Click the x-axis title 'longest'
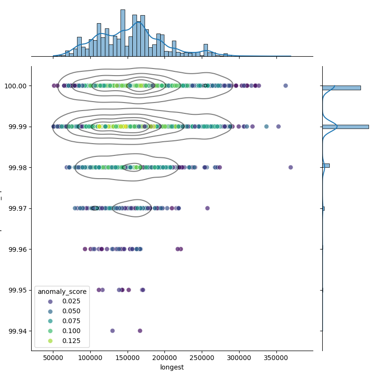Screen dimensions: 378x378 click(172, 367)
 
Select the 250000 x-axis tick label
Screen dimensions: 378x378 click(202, 358)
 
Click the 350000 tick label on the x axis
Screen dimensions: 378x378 click(276, 358)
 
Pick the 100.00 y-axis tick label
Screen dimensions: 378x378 click(17, 86)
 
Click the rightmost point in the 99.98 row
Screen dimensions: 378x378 click(291, 167)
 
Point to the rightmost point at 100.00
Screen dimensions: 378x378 click(285, 86)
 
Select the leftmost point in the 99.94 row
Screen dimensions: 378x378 click(112, 331)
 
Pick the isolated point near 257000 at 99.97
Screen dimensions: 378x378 click(207, 208)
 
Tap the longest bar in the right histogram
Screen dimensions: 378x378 click(345, 127)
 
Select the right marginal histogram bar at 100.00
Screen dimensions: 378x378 click(341, 87)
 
